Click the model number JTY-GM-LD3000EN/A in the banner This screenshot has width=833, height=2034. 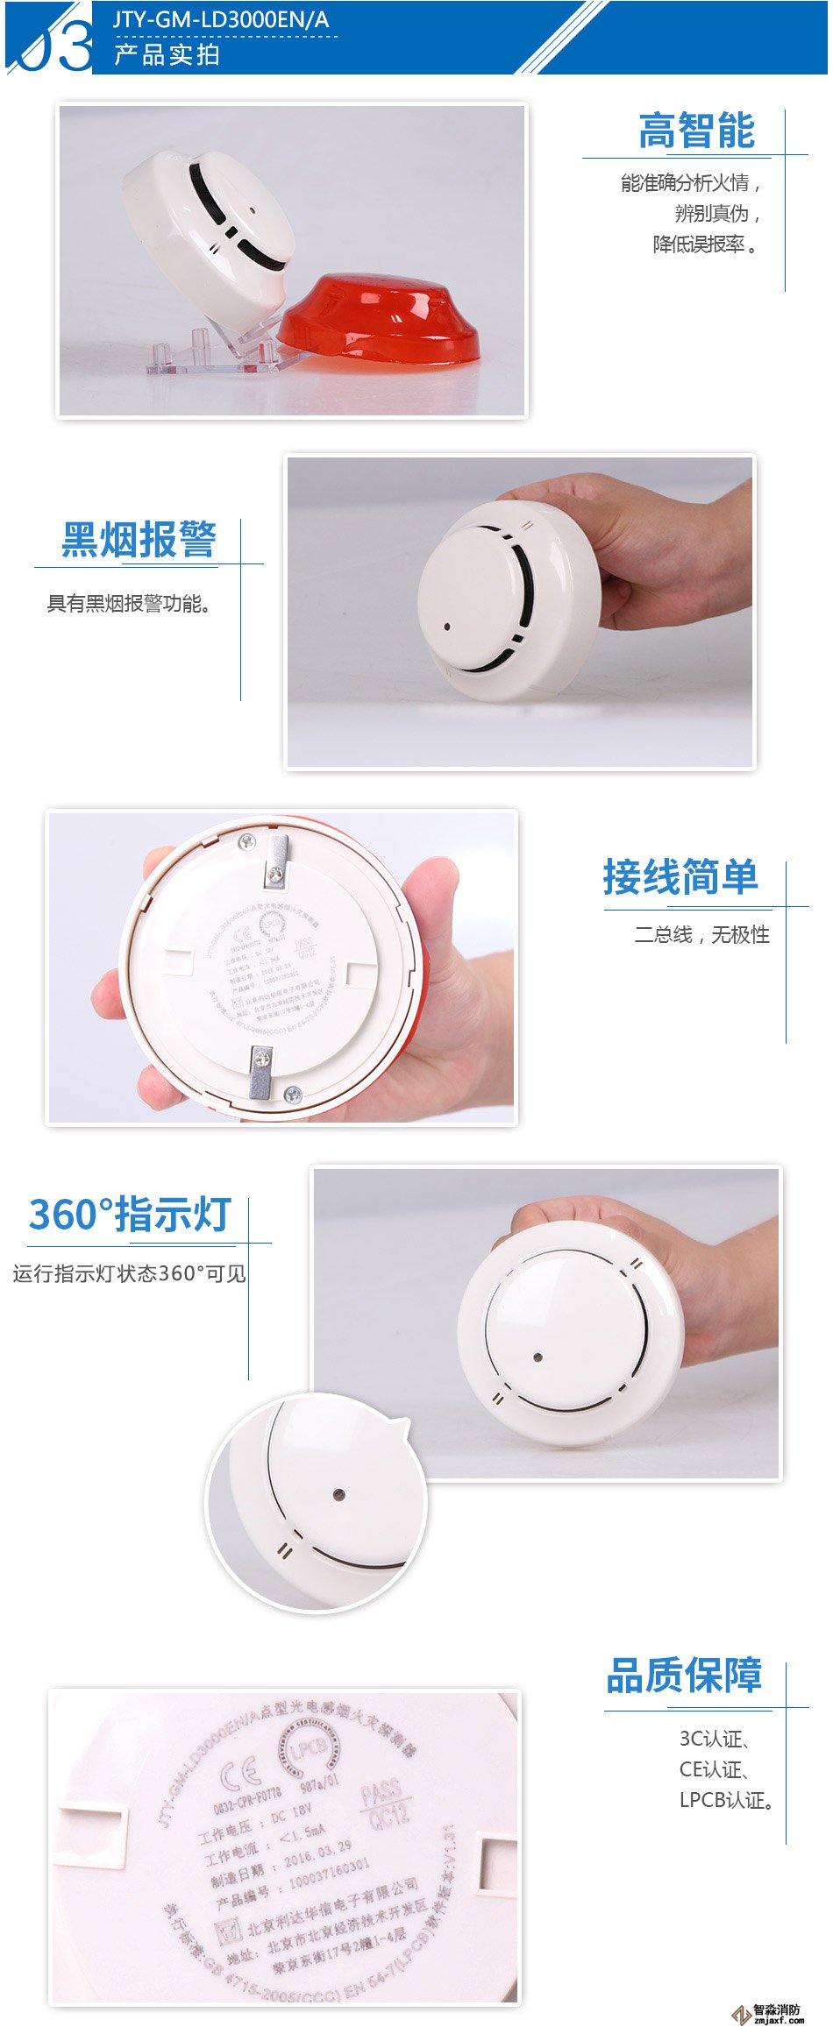pyautogui.click(x=221, y=19)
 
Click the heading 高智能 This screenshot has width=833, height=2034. pyautogui.click(x=696, y=131)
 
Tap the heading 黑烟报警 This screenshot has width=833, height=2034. pyautogui.click(x=139, y=539)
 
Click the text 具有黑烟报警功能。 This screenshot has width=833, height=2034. pyautogui.click(x=130, y=604)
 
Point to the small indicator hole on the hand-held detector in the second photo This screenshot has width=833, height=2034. pyautogui.click(x=447, y=627)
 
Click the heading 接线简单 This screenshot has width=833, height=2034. pyautogui.click(x=680, y=877)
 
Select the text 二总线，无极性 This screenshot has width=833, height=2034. pyautogui.click(x=701, y=935)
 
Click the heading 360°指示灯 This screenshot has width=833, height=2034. pyautogui.click(x=130, y=1215)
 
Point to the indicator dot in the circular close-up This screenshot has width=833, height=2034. pyautogui.click(x=339, y=1495)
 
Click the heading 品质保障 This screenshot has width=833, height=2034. pyautogui.click(x=684, y=1675)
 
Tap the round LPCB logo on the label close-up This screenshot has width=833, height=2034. pyautogui.click(x=309, y=1747)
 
